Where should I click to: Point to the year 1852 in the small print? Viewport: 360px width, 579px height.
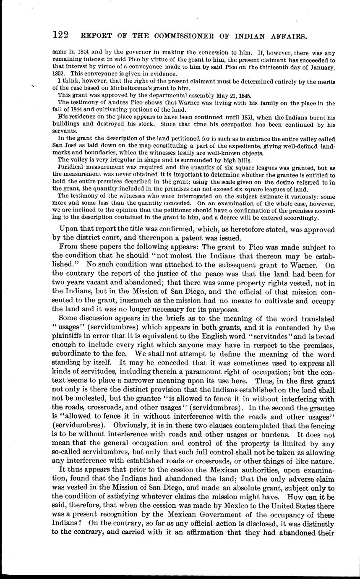(x=59, y=74)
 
